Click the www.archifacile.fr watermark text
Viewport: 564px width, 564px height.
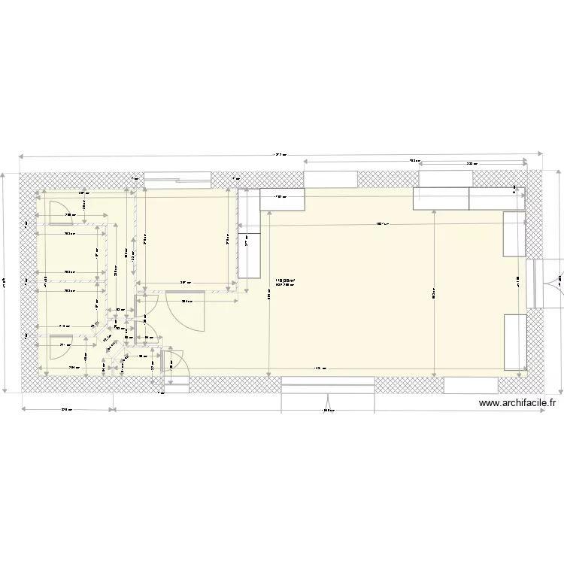(x=517, y=403)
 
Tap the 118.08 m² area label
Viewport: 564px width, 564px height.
(x=285, y=280)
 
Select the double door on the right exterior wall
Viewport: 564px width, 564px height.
(x=547, y=284)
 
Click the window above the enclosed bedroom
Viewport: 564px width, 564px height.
(x=177, y=178)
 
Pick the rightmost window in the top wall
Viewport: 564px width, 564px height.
(x=444, y=178)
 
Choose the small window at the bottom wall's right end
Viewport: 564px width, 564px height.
(x=471, y=385)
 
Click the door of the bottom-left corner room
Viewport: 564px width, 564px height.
(x=60, y=347)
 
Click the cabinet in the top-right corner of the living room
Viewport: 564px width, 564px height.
(x=497, y=198)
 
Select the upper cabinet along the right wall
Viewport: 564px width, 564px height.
(x=514, y=234)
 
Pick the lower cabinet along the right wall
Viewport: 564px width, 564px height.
(x=514, y=342)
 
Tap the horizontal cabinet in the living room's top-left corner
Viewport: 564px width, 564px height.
(x=282, y=199)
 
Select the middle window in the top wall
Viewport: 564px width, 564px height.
(x=330, y=178)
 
